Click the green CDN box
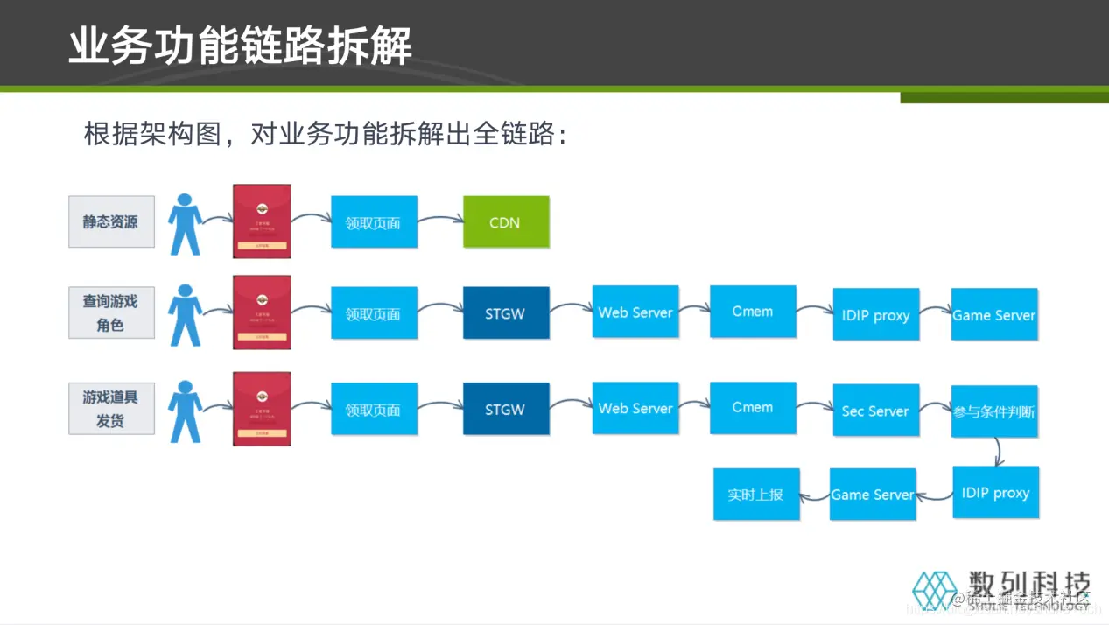(x=506, y=222)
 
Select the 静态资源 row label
(x=111, y=222)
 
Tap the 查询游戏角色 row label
(x=111, y=312)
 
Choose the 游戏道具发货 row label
(x=111, y=409)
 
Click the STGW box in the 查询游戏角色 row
(x=506, y=313)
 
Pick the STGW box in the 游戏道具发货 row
(x=506, y=409)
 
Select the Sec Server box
(x=875, y=411)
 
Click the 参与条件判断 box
(x=994, y=411)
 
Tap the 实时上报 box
(x=756, y=495)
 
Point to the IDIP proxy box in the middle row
(x=875, y=315)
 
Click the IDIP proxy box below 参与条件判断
(x=995, y=493)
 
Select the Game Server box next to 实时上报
(x=873, y=495)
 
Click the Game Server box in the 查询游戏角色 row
(x=994, y=315)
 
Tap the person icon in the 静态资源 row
(x=185, y=224)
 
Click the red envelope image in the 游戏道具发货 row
(x=262, y=409)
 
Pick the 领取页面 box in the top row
(x=374, y=222)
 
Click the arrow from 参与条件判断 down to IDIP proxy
(x=999, y=451)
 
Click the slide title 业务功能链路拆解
(x=241, y=46)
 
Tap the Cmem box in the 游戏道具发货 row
(x=753, y=408)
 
